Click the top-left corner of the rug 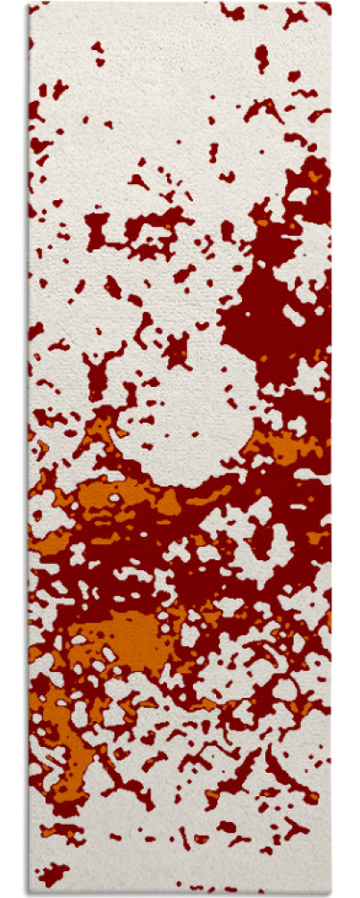click(29, 4)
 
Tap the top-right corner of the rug click(330, 4)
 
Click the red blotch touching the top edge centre click(233, 12)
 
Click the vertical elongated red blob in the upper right click(261, 57)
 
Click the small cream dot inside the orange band click(114, 497)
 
